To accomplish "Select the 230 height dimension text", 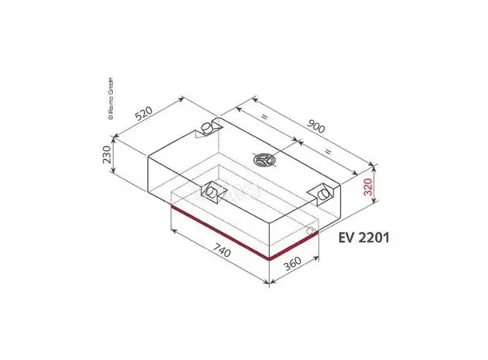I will [106, 154].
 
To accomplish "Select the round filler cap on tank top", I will [265, 160].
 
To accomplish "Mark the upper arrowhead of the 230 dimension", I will [116, 138].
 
